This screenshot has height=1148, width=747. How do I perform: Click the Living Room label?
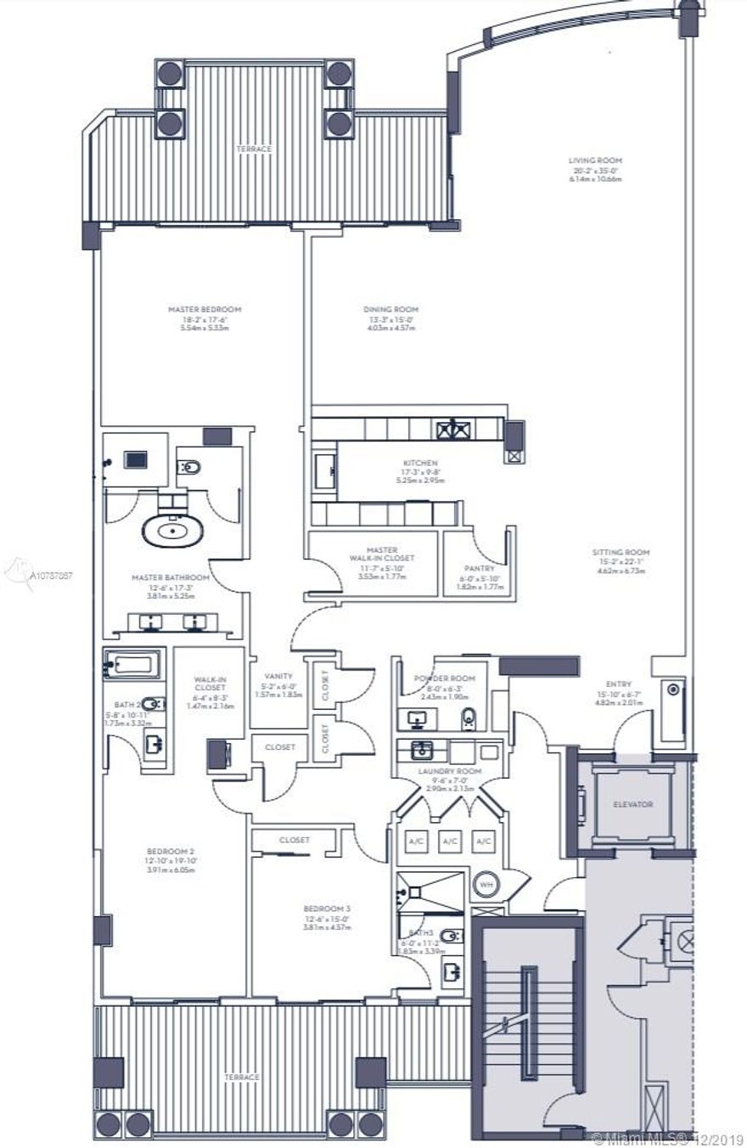(595, 160)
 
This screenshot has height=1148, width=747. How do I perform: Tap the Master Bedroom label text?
(205, 309)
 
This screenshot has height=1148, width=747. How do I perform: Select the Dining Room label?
(390, 309)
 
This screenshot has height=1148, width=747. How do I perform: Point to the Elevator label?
(632, 803)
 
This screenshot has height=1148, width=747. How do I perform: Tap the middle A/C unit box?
(450, 841)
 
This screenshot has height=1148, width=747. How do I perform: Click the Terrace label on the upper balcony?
(255, 149)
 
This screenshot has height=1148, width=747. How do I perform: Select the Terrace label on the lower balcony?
(241, 1077)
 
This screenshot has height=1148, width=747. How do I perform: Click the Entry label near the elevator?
(619, 684)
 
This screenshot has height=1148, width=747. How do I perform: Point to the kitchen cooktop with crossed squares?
(453, 428)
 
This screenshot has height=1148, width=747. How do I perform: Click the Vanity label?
(278, 677)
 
